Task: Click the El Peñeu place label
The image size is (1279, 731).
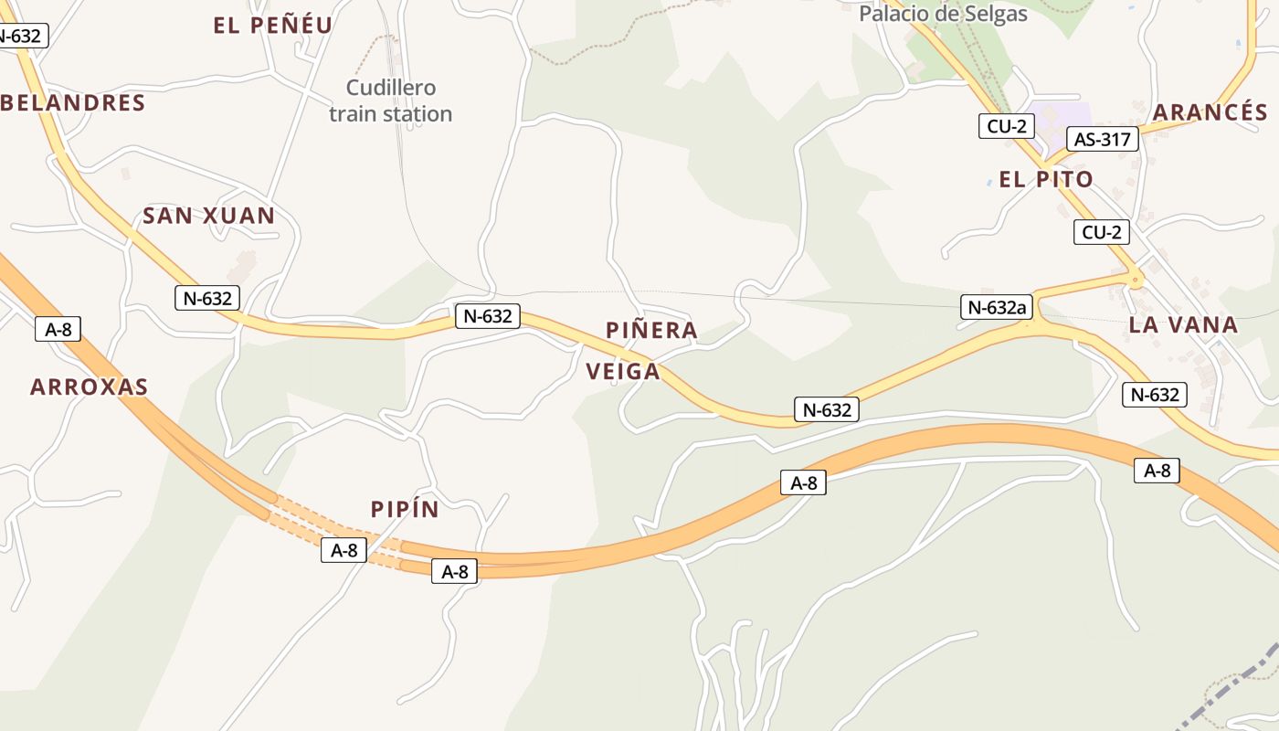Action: point(272,26)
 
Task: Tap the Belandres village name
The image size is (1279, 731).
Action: point(74,102)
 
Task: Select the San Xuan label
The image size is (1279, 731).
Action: point(208,216)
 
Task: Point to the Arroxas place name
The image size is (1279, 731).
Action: point(89,387)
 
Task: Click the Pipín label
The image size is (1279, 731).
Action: point(405,510)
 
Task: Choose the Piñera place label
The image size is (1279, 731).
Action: point(651,330)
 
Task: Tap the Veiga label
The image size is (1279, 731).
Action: point(622,371)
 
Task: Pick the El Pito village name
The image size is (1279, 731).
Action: point(1045,179)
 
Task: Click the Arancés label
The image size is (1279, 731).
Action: point(1210,112)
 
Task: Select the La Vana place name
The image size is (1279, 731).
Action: point(1182,324)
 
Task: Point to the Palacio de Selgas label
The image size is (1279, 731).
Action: point(943,14)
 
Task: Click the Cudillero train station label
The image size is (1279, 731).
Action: point(390,101)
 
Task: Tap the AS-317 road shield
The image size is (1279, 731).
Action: point(1103,140)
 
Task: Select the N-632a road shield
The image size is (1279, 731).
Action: point(997,307)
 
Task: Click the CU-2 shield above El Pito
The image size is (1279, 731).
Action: point(1007,126)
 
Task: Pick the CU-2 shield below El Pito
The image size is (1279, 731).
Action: point(1101,232)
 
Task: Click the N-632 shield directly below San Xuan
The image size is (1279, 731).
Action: point(207,297)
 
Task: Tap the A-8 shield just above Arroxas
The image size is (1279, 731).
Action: point(58,329)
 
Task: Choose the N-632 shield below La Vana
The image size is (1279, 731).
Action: point(1155,395)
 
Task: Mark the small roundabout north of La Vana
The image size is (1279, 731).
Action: point(1136,281)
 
